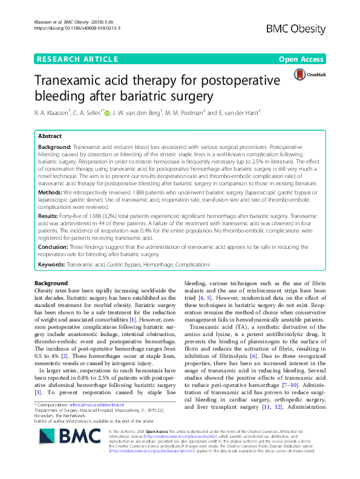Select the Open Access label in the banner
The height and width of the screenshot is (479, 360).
(x=302, y=59)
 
